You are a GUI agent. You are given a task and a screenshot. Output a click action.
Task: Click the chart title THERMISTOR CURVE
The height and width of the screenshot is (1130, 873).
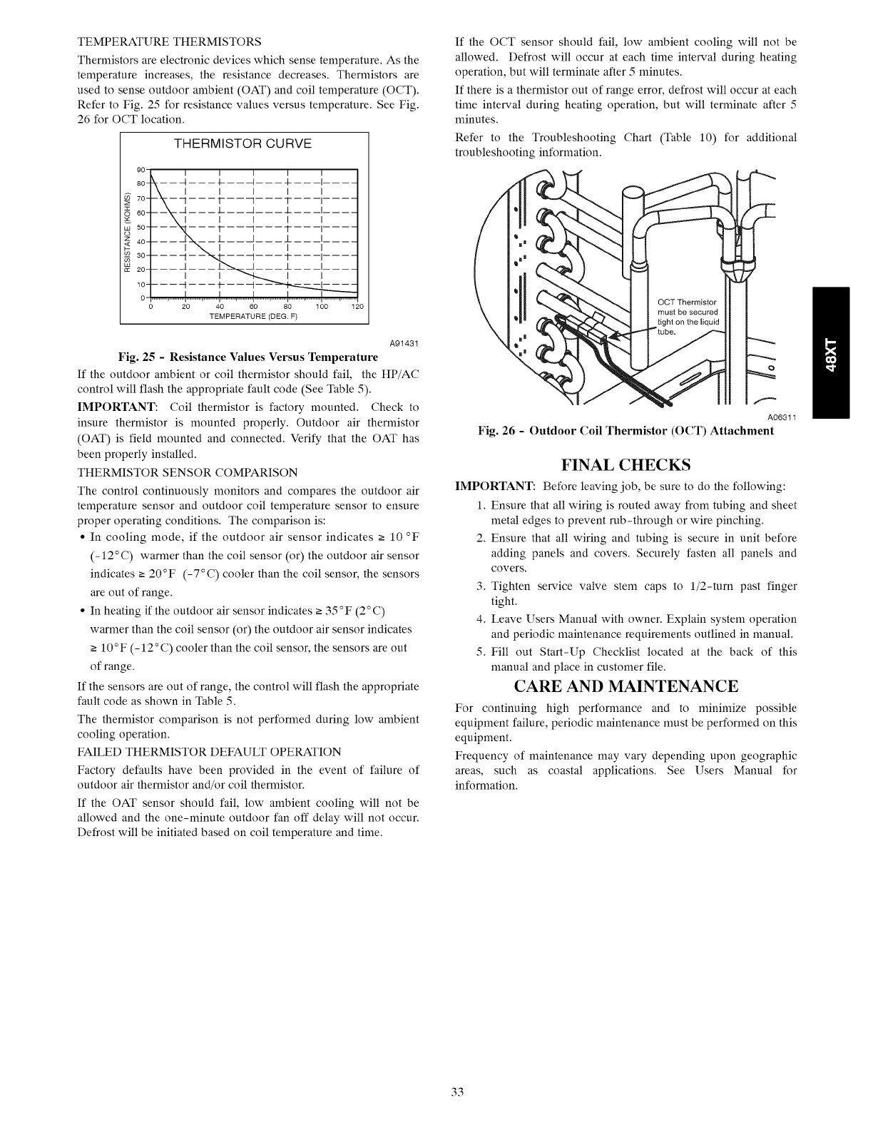pos(243,143)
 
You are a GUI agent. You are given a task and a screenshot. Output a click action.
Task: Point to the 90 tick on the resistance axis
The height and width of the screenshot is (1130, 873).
pos(141,169)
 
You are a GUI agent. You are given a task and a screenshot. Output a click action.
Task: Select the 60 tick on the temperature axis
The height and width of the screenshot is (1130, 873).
pos(253,307)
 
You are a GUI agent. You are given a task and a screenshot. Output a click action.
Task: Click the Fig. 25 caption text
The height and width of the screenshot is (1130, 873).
pos(248,357)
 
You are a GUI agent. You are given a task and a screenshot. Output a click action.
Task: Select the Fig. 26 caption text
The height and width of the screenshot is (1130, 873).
pos(626,431)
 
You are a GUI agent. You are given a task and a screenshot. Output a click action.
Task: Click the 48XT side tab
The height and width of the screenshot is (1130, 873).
pos(831,352)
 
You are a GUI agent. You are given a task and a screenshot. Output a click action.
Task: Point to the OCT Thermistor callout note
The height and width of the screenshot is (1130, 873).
pos(690,315)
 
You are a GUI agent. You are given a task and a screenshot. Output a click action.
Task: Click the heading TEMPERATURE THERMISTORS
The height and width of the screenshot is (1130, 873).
pos(169,41)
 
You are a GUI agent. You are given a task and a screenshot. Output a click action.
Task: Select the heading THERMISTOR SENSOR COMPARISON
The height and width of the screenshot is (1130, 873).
pos(187,472)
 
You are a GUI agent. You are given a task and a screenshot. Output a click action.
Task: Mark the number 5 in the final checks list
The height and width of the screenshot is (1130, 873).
pos(481,652)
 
